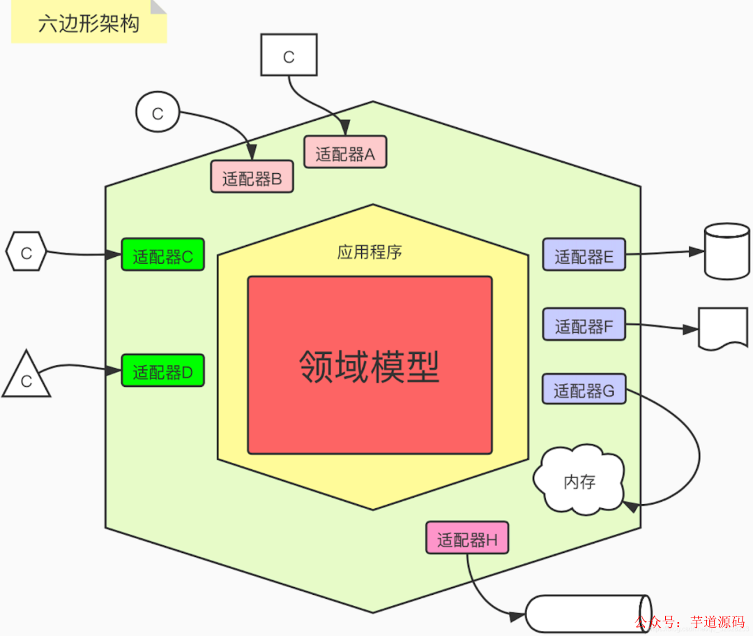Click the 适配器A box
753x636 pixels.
pos(345,152)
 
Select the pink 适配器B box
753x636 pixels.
pos(252,177)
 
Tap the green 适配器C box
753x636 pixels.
pos(162,255)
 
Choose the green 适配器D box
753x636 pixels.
pos(162,371)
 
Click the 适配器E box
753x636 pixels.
pos(584,255)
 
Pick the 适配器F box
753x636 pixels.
pos(584,325)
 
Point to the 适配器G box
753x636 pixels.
pos(584,390)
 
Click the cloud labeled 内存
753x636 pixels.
pos(579,481)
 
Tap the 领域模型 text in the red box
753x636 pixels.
pos(370,366)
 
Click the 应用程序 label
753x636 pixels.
pos(370,252)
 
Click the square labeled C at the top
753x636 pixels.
pos(289,56)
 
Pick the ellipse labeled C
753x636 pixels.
pos(158,112)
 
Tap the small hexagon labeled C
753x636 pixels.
pos(26,252)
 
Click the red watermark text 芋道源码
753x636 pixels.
pos(717,621)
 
